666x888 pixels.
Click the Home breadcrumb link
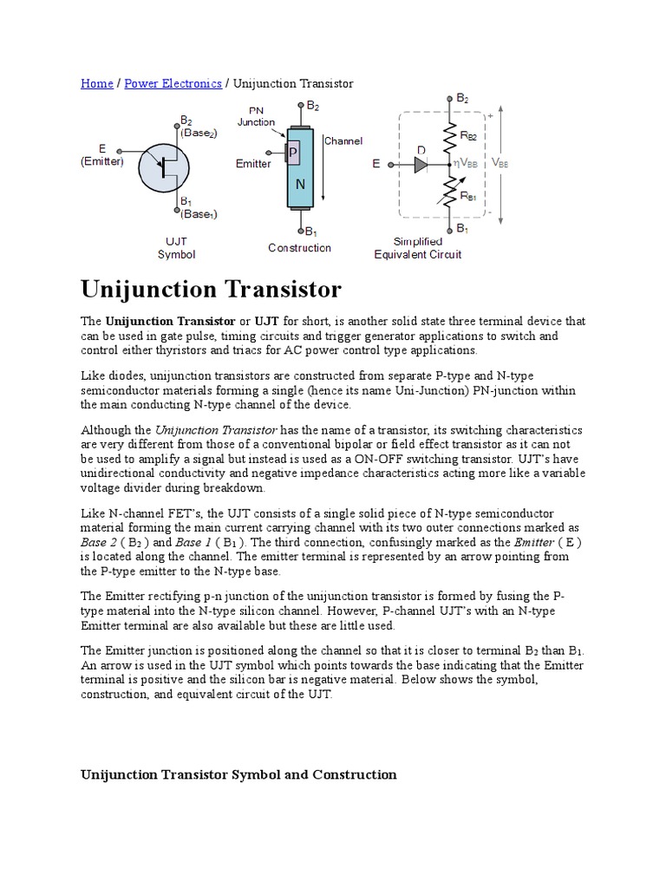(x=96, y=83)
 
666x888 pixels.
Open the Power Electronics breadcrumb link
(x=173, y=83)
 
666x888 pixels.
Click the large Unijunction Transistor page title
(x=211, y=289)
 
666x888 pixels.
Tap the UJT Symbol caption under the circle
(x=176, y=248)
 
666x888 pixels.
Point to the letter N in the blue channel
(x=301, y=184)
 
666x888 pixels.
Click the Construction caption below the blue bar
(x=299, y=248)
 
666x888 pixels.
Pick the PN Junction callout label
(x=257, y=116)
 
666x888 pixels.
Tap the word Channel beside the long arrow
(x=343, y=140)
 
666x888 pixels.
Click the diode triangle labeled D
(x=421, y=164)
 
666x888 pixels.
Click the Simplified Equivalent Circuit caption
(x=417, y=248)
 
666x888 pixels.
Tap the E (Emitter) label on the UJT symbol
(x=102, y=155)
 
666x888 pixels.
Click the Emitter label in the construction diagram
(x=253, y=164)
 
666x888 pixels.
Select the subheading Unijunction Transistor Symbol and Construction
(x=238, y=774)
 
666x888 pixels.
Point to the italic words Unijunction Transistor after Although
(x=215, y=430)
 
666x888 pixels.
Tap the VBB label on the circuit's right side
(x=501, y=162)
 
